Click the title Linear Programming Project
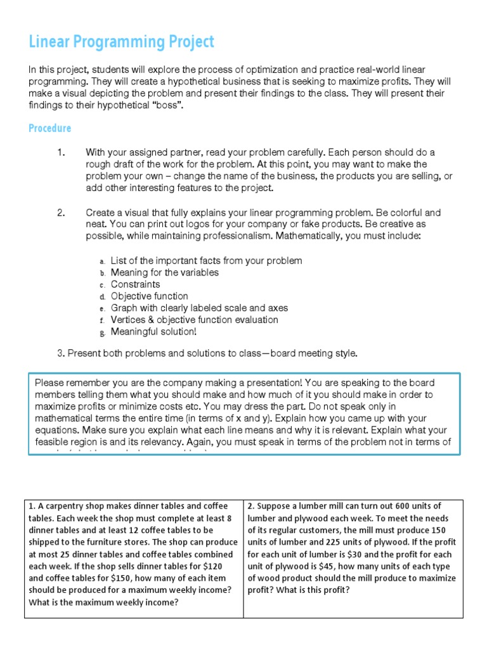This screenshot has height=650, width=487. pyautogui.click(x=121, y=43)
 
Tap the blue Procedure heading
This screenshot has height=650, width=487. pyautogui.click(x=49, y=128)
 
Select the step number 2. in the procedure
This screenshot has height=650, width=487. pyautogui.click(x=61, y=213)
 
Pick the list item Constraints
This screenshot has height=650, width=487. pyautogui.click(x=135, y=284)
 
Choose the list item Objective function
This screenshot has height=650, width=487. pyautogui.click(x=149, y=296)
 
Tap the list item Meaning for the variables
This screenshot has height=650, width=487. pyautogui.click(x=164, y=272)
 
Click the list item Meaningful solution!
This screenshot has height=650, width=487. pyautogui.click(x=153, y=331)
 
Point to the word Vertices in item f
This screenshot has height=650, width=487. pyautogui.click(x=129, y=320)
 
